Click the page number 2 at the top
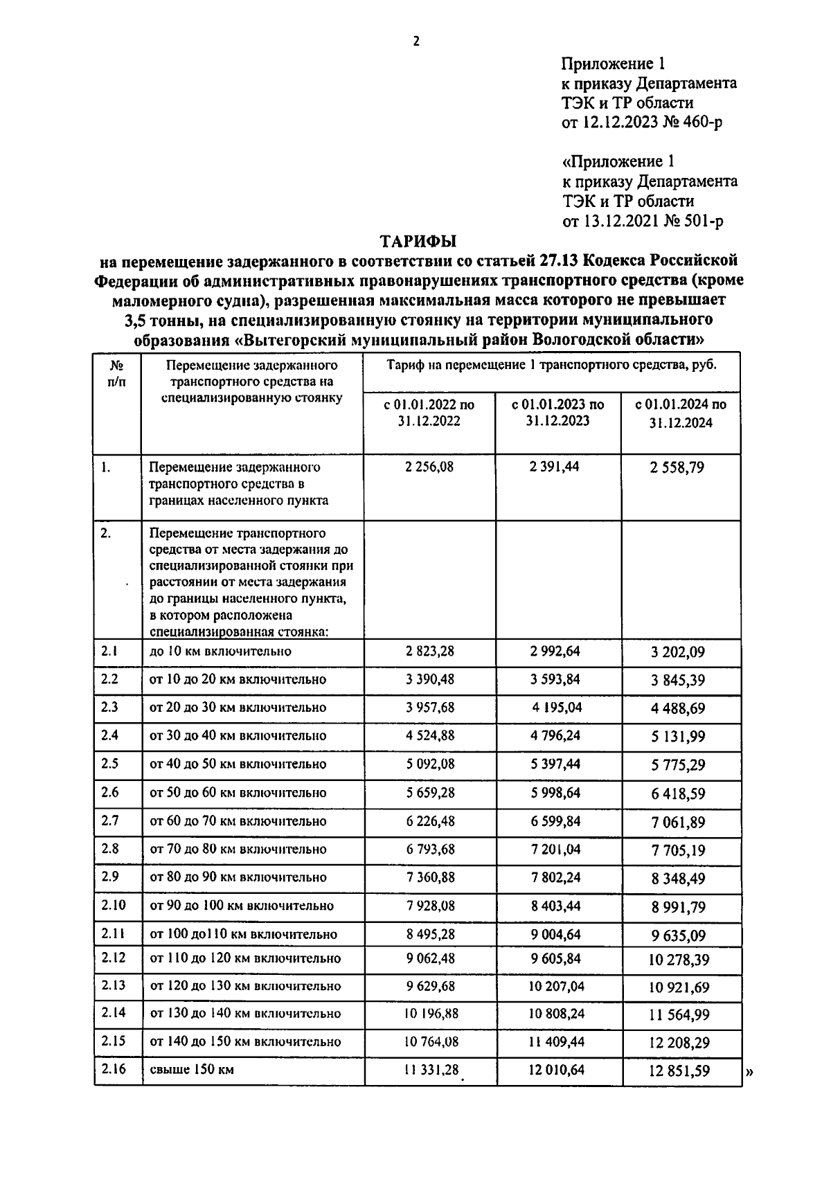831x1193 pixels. [x=416, y=42]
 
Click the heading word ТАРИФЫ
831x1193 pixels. [x=418, y=242]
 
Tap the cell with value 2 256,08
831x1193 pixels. [x=429, y=467]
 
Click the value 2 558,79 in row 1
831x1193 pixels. [x=677, y=467]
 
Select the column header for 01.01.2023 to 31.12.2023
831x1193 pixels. [x=557, y=412]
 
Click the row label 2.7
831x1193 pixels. [x=109, y=820]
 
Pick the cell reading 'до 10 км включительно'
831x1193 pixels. [x=220, y=651]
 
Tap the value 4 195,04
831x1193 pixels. [x=557, y=707]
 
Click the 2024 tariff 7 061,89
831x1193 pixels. [x=677, y=822]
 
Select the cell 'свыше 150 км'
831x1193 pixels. [x=192, y=1069]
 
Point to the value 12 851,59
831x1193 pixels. [x=679, y=1070]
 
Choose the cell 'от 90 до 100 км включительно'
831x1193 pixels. [x=242, y=906]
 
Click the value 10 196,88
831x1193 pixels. [x=429, y=1014]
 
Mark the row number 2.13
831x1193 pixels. [x=113, y=985]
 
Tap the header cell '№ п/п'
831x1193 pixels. [x=117, y=373]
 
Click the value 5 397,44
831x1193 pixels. [x=555, y=764]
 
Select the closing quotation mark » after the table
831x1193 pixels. [x=750, y=1072]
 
